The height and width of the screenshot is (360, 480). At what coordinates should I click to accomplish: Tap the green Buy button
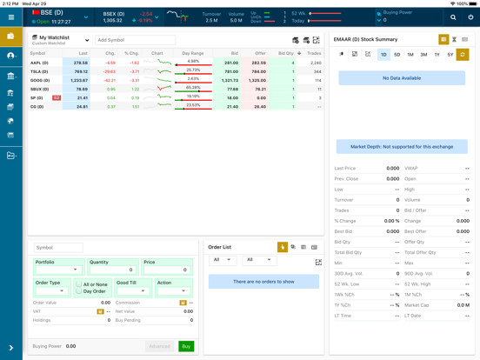(x=186, y=346)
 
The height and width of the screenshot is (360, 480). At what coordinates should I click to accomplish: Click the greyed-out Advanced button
(x=159, y=346)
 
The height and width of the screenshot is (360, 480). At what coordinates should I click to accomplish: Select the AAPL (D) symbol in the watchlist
(x=39, y=63)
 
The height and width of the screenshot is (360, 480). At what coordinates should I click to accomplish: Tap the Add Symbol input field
(x=135, y=40)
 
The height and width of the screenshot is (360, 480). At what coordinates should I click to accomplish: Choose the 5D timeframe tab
(x=397, y=55)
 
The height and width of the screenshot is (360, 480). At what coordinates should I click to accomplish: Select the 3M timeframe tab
(x=423, y=55)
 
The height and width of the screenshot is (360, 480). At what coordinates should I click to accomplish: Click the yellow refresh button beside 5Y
(x=463, y=55)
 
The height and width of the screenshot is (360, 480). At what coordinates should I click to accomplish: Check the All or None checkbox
(x=79, y=284)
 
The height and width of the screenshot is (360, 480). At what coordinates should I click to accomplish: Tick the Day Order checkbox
(x=79, y=291)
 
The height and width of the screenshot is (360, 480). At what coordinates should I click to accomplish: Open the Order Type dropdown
(x=51, y=291)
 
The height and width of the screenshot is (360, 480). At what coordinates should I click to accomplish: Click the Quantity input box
(x=113, y=270)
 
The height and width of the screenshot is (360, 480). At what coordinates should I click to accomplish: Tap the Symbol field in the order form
(x=58, y=248)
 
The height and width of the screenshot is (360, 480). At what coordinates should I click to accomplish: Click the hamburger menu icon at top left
(x=11, y=17)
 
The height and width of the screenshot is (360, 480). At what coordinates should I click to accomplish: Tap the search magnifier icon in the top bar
(x=453, y=17)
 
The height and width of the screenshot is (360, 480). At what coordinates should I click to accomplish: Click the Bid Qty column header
(x=286, y=53)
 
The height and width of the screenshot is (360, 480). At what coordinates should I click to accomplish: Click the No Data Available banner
(x=402, y=78)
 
